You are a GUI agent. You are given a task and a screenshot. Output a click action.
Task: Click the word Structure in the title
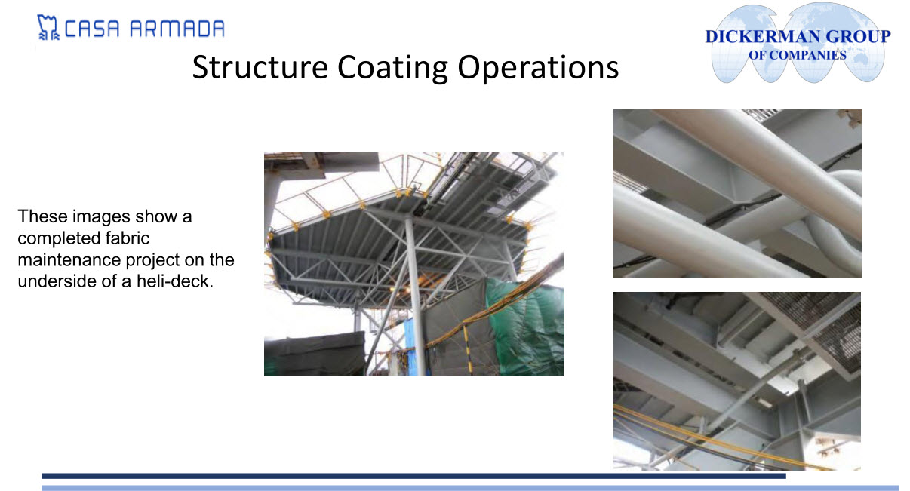260,67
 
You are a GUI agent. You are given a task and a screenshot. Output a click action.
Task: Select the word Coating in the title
392,68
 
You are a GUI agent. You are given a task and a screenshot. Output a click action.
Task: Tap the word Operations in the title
538,68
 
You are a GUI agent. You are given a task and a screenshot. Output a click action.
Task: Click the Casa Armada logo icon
48,27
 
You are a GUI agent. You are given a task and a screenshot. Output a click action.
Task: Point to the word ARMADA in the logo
177,29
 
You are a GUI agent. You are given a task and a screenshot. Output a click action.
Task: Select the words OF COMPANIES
797,55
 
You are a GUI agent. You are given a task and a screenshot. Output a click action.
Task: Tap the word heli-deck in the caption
175,281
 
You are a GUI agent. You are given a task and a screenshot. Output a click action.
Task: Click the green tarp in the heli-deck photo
526,325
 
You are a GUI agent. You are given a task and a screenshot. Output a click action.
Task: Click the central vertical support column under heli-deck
417,296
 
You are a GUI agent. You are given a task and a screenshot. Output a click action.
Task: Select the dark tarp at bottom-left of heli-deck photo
315,353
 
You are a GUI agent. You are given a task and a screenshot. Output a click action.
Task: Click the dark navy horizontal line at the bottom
414,476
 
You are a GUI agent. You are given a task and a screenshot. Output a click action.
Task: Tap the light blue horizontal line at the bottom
470,488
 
